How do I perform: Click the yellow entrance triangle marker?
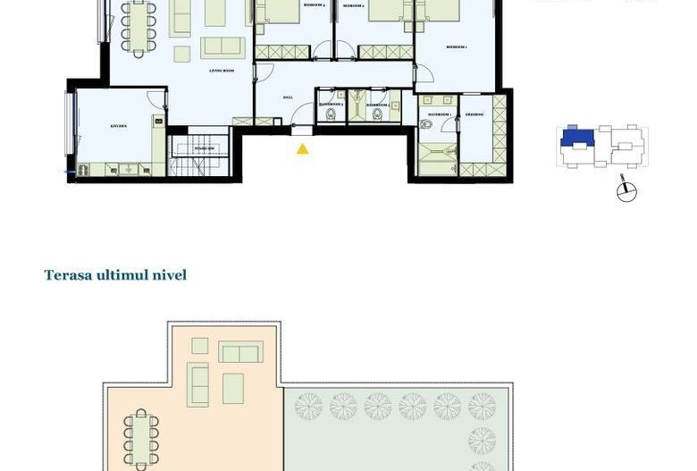point(303,149)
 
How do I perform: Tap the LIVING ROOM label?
point(222,71)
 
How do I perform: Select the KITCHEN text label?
point(119,127)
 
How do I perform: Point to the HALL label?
point(288,97)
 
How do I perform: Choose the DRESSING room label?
point(474,114)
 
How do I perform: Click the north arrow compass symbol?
point(627,190)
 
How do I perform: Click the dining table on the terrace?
point(141,437)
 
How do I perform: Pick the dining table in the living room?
point(138,28)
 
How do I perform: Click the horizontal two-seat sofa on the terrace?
point(240,352)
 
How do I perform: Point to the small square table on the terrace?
point(200,346)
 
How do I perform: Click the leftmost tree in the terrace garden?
point(308,407)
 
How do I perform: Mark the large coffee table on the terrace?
point(233,388)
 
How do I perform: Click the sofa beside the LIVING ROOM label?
point(223,47)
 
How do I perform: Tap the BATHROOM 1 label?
point(439,114)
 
